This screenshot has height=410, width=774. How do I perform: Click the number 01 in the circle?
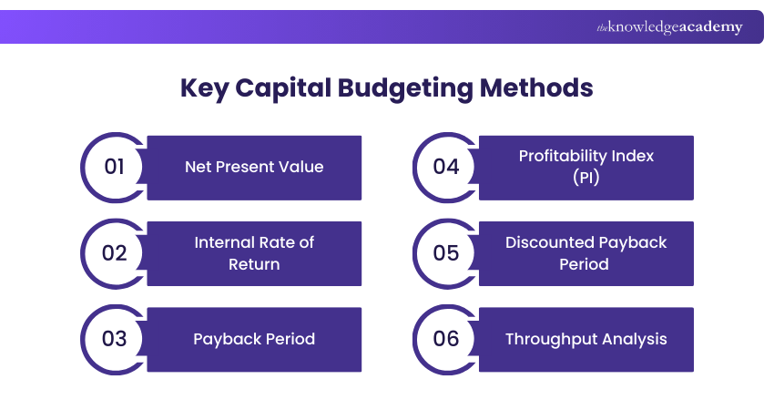(x=114, y=167)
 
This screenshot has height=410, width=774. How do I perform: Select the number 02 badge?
(x=114, y=253)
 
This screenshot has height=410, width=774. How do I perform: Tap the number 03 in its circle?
(x=114, y=339)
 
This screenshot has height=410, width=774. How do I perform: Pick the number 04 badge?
(x=445, y=167)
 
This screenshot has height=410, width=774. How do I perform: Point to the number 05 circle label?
(x=445, y=253)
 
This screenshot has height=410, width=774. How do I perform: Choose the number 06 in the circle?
(x=445, y=339)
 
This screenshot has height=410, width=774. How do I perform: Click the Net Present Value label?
(x=254, y=167)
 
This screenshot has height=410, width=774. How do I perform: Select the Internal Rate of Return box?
(x=254, y=253)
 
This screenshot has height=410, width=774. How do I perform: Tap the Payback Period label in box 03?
(x=254, y=339)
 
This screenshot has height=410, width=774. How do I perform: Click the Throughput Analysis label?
(x=586, y=339)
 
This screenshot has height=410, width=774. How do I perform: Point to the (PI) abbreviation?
(x=586, y=178)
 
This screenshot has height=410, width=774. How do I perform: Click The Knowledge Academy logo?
(x=669, y=27)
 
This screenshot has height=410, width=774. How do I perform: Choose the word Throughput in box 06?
(x=549, y=339)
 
